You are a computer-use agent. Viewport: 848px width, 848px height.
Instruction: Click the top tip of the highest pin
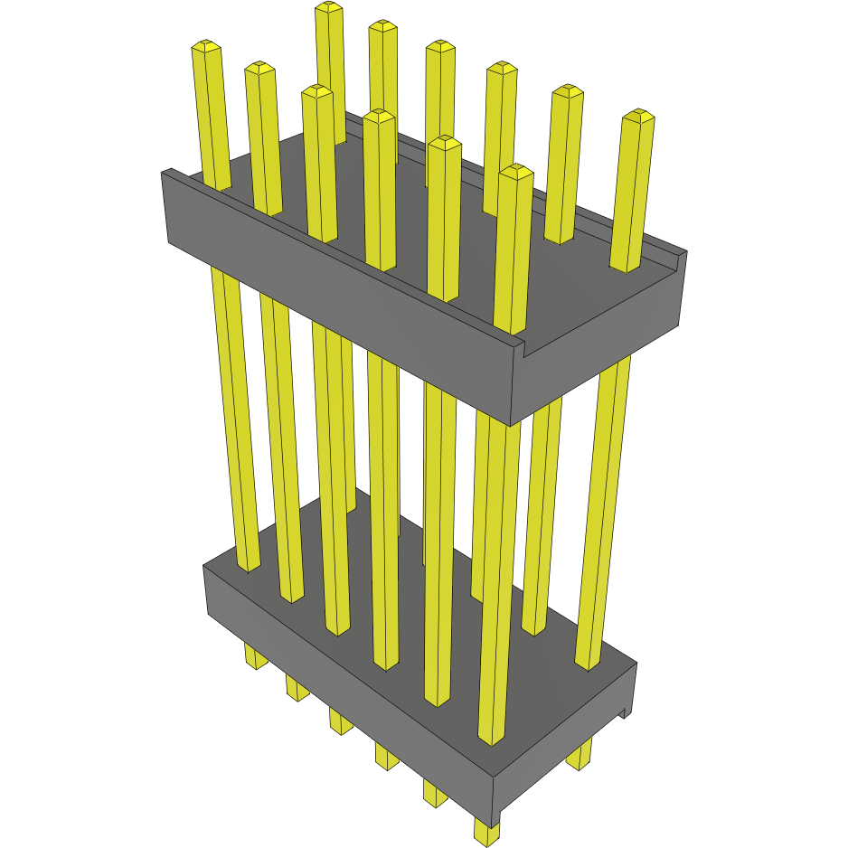329,7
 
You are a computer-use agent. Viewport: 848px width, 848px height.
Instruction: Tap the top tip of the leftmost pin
206,45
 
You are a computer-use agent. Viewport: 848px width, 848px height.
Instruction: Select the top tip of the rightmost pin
638,115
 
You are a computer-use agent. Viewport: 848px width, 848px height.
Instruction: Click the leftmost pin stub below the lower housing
256,657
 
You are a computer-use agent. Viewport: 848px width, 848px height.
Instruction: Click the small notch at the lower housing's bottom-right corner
623,713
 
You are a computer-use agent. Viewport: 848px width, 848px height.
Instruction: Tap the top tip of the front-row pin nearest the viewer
515,171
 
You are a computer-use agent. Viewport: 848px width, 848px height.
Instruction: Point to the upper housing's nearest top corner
514,349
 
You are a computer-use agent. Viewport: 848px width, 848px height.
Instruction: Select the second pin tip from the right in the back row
567,90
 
